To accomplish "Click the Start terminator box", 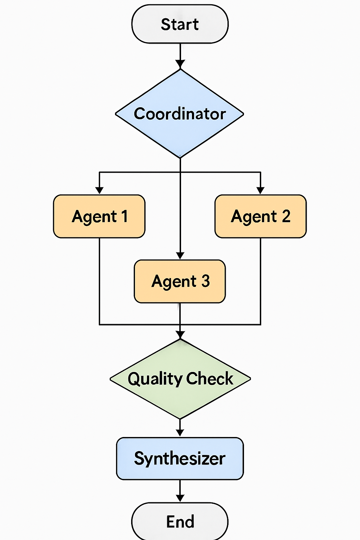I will (x=180, y=24).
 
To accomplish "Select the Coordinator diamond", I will (x=180, y=114).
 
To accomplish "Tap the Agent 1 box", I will (x=99, y=216).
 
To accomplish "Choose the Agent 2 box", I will (x=261, y=216).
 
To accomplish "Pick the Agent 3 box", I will (x=180, y=281).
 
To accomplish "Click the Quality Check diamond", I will (x=180, y=379).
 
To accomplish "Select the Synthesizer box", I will (x=180, y=458).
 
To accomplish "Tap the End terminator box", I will (x=180, y=521).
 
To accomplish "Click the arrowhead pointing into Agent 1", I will (x=99, y=190).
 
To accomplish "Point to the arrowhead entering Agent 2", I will (x=260, y=190).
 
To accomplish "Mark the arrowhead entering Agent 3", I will (x=180, y=256).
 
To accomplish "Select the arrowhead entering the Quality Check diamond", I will (x=180, y=335).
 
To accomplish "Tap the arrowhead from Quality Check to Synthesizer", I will (x=180, y=433).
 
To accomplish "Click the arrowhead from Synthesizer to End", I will (x=180, y=498).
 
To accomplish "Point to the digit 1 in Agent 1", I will (x=124, y=216).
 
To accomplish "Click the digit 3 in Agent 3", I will (x=206, y=281).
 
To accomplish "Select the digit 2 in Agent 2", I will (x=286, y=216).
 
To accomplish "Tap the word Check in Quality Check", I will (x=210, y=379).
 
